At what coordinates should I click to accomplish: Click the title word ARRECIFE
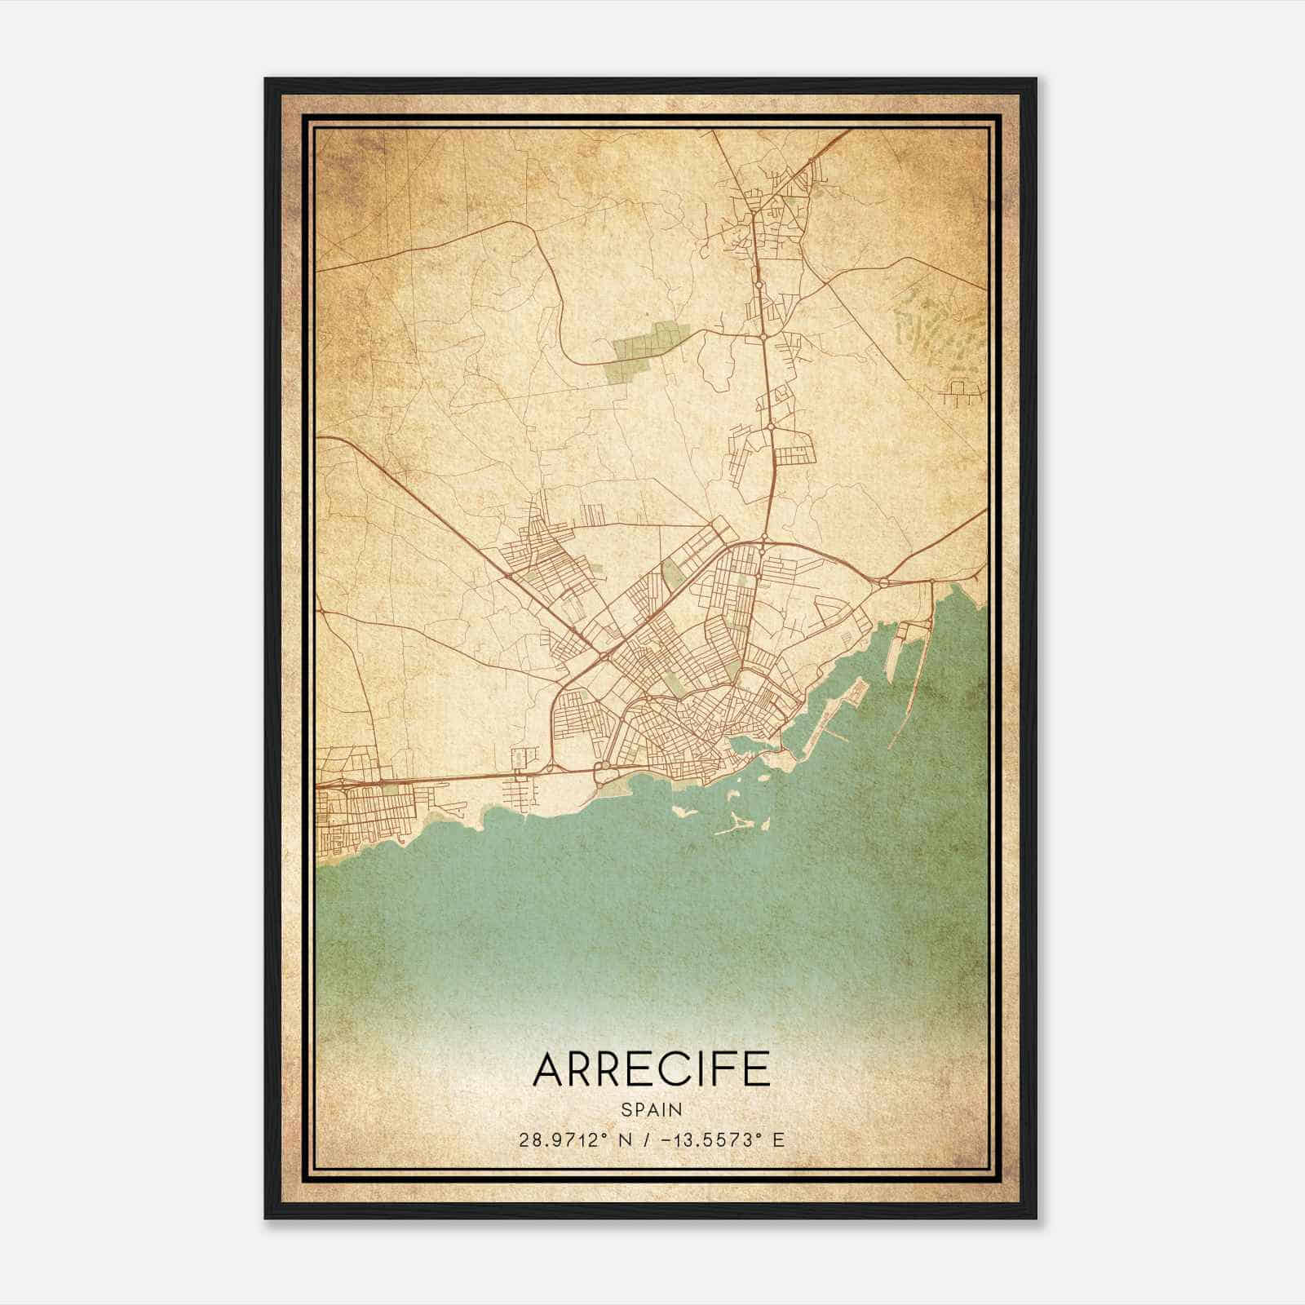pos(651,1069)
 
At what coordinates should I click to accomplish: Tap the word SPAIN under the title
pos(651,1109)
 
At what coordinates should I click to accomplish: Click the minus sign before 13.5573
pos(670,1139)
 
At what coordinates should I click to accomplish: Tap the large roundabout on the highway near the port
pos(884,582)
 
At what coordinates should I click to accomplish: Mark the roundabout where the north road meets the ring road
pos(763,538)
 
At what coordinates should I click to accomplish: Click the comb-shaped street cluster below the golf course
pos(962,397)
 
